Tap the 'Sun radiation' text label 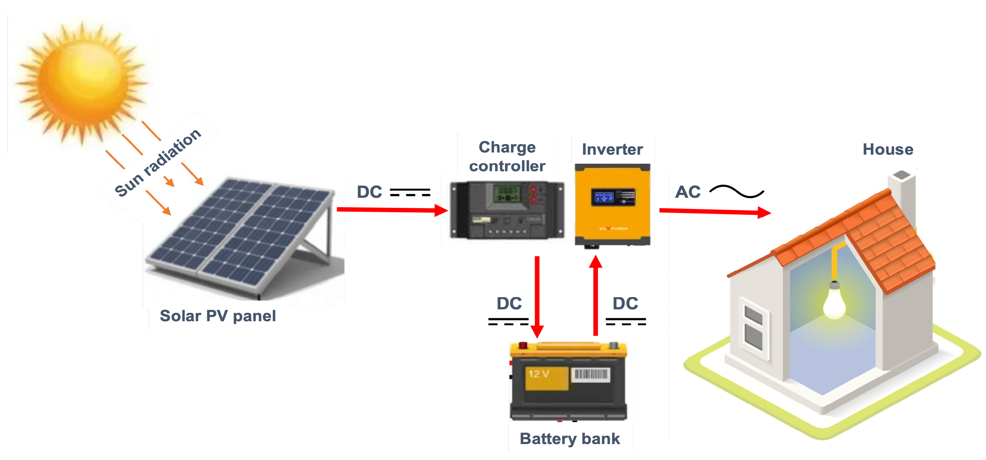[158, 162]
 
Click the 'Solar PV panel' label [217, 316]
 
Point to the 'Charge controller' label [507, 157]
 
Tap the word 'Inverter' [612, 149]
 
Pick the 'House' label [888, 149]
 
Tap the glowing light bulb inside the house [835, 302]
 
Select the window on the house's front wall [753, 327]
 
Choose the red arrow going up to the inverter [596, 295]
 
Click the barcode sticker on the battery [591, 374]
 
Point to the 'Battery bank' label [570, 438]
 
